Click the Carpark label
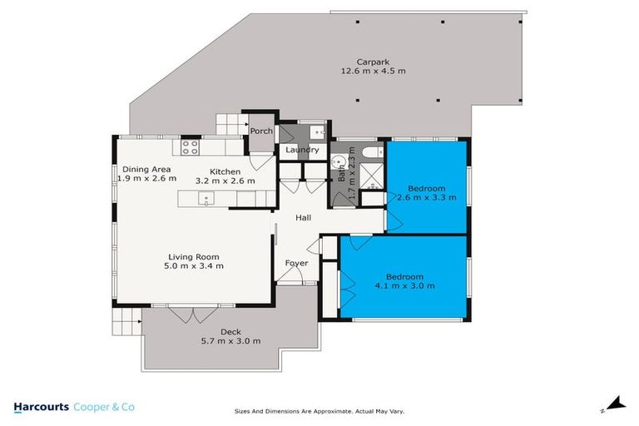coord(369,62)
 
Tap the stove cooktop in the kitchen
coord(189,148)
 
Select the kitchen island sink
coord(206,198)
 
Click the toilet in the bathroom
coord(371,151)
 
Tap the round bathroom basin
coord(339,161)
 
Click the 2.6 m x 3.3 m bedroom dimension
coord(426,198)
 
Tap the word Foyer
coord(296,263)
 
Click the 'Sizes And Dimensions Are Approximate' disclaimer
coord(319,411)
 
